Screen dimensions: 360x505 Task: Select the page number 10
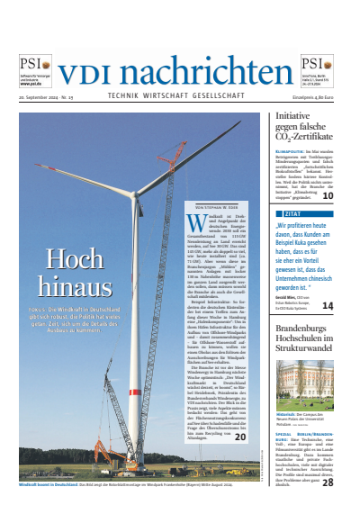pyautogui.click(x=328, y=194)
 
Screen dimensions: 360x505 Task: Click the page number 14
pyautogui.click(x=328, y=306)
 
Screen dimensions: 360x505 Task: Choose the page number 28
pyautogui.click(x=328, y=482)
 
